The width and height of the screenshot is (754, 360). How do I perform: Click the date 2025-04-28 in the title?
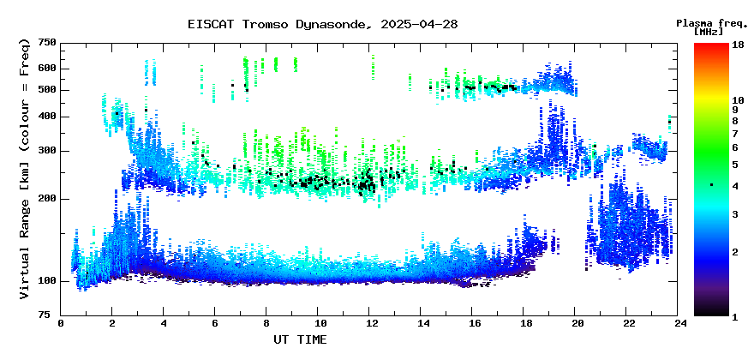coord(419,25)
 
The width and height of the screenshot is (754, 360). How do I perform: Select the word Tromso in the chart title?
coord(261,25)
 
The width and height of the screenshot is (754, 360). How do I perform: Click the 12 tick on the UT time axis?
coord(369,324)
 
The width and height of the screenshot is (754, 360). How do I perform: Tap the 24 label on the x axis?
coord(678,324)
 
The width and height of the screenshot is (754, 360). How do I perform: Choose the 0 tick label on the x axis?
coord(61,324)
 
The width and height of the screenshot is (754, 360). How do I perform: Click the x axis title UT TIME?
coord(300,339)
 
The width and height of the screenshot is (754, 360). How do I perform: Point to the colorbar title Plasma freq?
coord(712,22)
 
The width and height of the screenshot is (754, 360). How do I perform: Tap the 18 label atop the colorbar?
coord(738,44)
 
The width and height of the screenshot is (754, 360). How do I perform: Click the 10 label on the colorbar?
coord(738,100)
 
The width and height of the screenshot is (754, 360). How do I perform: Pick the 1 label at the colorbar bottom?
coord(735,316)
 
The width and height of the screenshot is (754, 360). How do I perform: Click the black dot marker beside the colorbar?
coord(712,185)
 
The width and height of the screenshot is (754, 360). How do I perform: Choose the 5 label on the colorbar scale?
coord(735,165)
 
